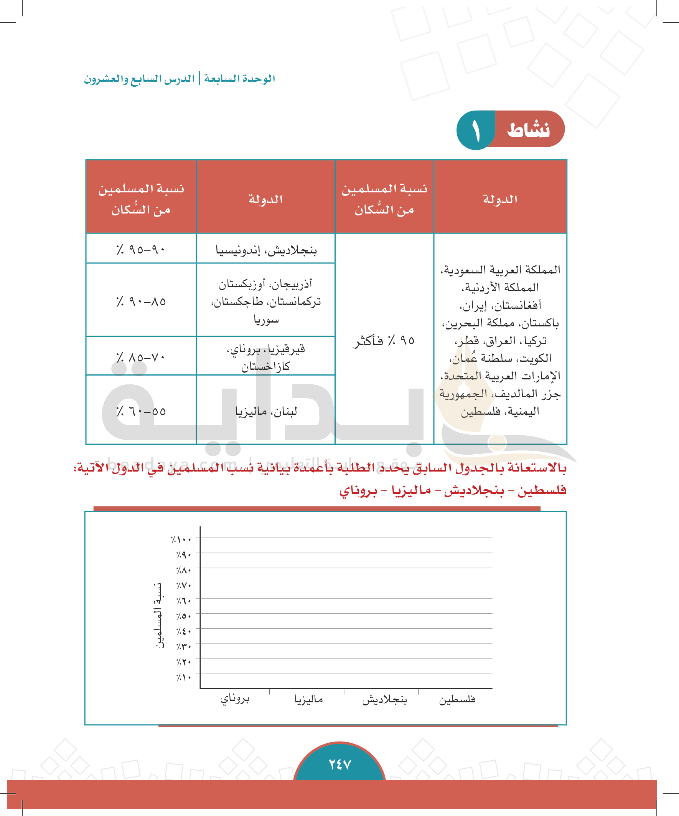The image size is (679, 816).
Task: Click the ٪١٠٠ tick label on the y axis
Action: [x=181, y=540]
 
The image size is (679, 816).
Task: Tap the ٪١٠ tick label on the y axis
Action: [x=184, y=677]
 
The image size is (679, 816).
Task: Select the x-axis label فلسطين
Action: [x=457, y=700]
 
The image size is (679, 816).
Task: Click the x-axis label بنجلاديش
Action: [x=384, y=700]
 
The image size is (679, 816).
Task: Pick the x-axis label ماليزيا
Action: [x=308, y=700]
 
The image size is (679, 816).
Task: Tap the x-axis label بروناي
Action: [x=235, y=699]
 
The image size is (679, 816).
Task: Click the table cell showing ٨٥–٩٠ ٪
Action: [x=141, y=301]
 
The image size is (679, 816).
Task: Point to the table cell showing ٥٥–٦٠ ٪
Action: [x=141, y=411]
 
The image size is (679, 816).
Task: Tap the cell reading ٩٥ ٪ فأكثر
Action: [x=384, y=340]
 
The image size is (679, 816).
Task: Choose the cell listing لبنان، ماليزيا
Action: [x=266, y=411]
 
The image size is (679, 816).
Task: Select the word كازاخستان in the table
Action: [x=265, y=366]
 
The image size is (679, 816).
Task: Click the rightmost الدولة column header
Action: [x=500, y=199]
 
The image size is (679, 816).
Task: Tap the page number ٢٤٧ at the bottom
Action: [x=340, y=764]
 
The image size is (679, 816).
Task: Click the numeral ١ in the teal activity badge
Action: [x=476, y=131]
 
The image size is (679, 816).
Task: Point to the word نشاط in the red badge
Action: [x=528, y=129]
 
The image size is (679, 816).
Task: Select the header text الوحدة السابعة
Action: [x=239, y=79]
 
